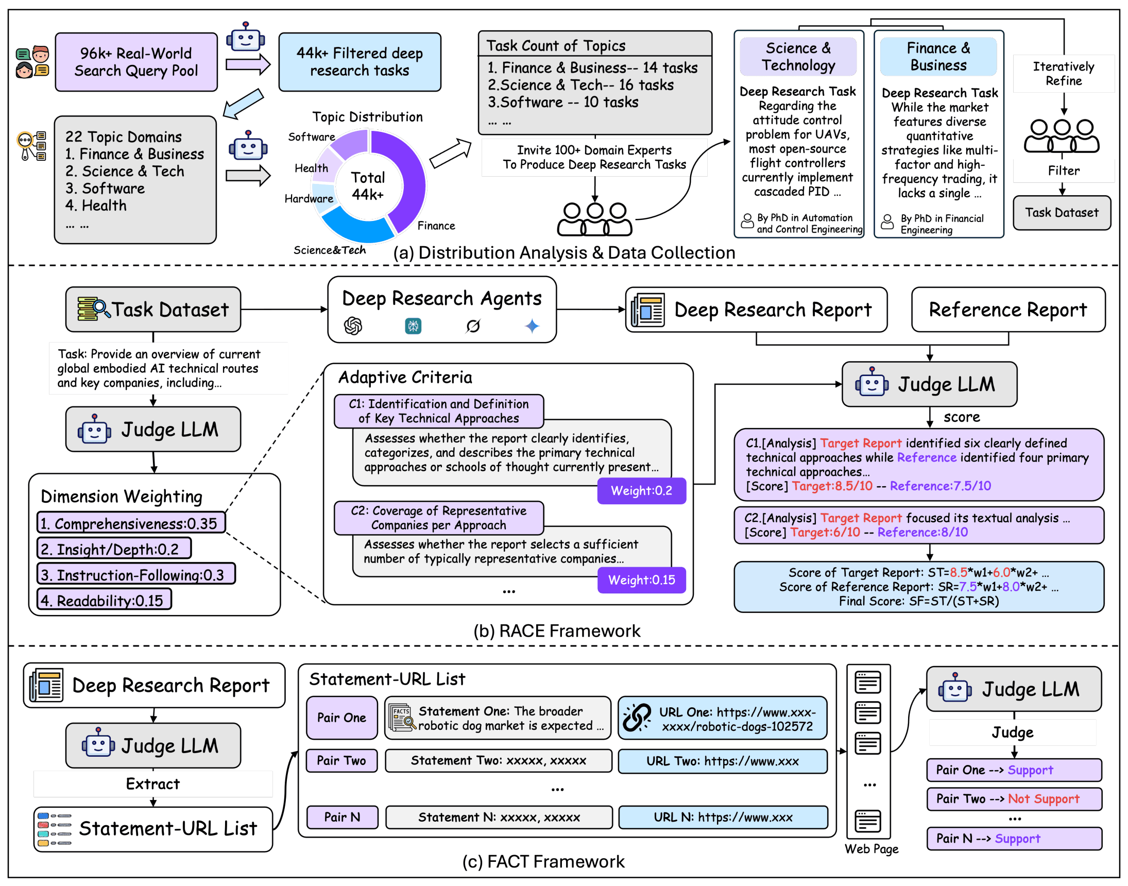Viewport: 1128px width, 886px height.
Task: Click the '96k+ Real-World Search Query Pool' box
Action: pos(136,62)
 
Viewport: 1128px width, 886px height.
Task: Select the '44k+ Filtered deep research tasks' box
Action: pos(360,62)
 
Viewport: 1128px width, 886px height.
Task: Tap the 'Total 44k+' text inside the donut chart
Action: pos(368,185)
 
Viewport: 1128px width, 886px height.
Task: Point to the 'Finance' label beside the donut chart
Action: pos(436,226)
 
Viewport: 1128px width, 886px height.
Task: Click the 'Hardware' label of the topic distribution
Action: pos(309,199)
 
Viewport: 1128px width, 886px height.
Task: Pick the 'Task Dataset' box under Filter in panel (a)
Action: pos(1061,213)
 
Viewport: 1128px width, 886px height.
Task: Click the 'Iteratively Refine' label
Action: pos(1063,74)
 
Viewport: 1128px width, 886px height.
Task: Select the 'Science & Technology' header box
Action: pos(798,57)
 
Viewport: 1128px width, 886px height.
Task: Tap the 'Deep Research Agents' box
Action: pos(441,309)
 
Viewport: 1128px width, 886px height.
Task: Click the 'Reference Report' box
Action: pos(1007,310)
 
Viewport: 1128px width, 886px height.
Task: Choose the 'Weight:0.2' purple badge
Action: pos(641,491)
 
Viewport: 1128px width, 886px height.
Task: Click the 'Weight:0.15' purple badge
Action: pos(641,580)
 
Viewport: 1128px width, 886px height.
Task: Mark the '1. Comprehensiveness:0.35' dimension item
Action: pos(131,523)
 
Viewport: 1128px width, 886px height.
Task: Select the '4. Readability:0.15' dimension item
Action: pos(104,600)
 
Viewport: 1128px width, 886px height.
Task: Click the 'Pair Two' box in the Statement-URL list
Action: pos(341,760)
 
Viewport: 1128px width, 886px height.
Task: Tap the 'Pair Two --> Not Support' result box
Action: pos(1013,799)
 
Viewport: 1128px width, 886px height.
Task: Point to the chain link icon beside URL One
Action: pos(636,718)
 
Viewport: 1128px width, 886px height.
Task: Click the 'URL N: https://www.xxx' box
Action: pos(723,817)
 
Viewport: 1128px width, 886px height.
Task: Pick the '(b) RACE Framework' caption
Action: pos(556,631)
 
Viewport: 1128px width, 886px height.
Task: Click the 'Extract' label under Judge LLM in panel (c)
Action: pos(152,783)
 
